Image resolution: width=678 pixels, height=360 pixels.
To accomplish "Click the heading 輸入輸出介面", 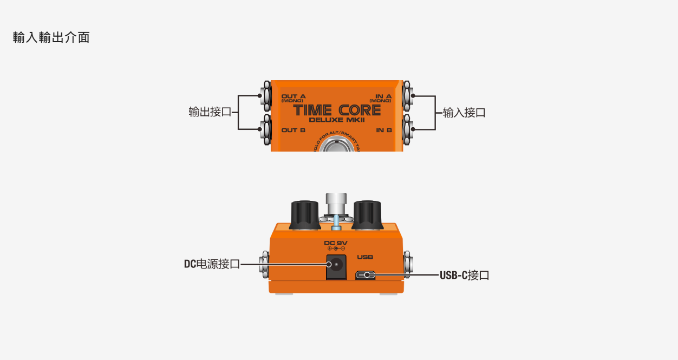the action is coord(51,37).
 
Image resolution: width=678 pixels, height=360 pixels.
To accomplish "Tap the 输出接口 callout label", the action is coord(210,112).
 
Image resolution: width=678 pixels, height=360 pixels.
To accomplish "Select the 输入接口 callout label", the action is coord(464,113).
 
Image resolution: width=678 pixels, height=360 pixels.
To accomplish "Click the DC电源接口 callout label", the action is coord(212,264).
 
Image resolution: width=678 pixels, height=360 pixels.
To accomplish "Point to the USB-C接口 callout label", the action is coord(464,275).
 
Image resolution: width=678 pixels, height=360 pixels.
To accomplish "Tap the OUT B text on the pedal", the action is coord(294,130).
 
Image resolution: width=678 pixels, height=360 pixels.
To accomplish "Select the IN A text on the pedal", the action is coord(383,96).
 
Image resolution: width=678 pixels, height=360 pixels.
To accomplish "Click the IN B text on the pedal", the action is coord(384,130).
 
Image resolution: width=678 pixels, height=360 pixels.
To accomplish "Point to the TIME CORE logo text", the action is coord(337,110).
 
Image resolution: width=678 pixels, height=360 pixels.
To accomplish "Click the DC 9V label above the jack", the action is coord(336,243).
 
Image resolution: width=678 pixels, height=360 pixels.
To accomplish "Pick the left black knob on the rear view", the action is coord(304,215).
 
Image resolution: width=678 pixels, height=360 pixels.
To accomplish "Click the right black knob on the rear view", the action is coord(368,215).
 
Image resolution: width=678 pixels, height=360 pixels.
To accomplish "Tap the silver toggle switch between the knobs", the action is coord(336,205).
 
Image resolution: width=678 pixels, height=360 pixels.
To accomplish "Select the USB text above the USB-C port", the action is coord(365,257).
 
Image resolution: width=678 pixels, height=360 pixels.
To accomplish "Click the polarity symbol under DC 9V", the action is coord(336,248).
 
